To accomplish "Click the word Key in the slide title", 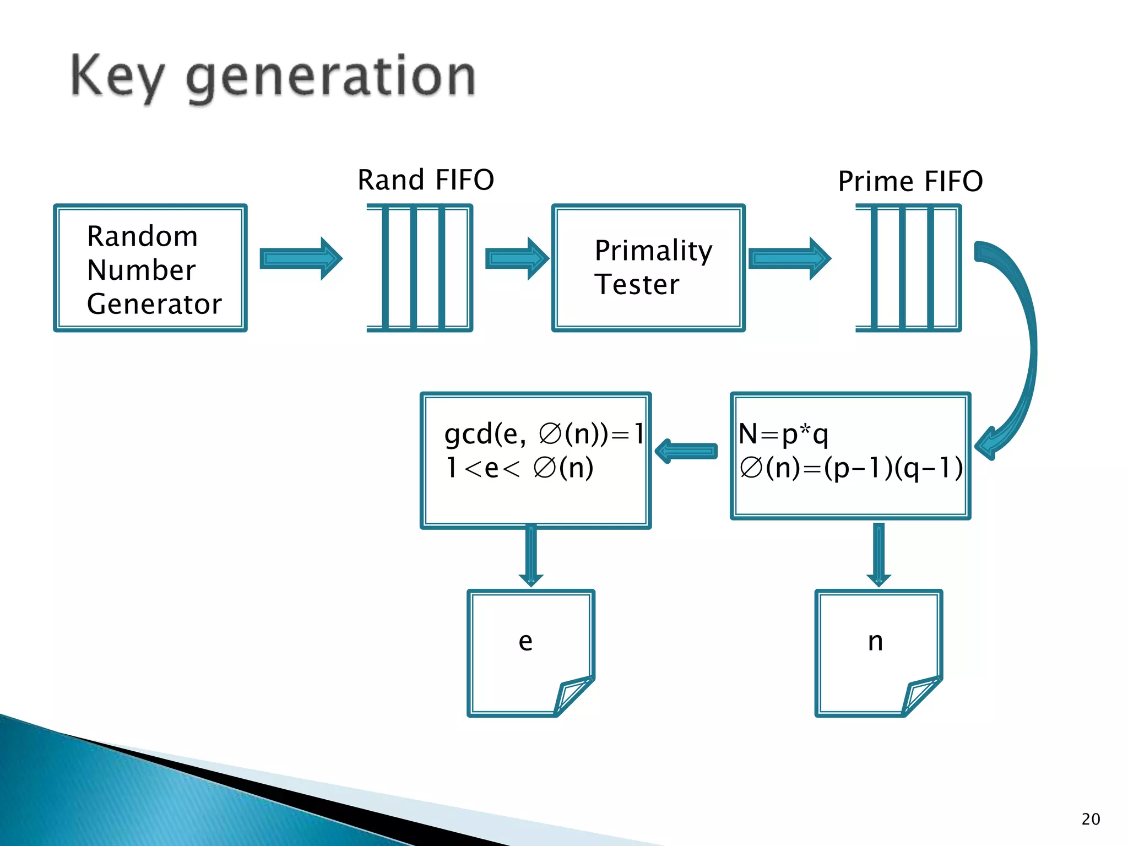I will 117,77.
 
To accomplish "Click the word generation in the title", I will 330,77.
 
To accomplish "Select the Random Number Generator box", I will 150,268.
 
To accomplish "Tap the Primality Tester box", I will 648,268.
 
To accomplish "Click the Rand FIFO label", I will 426,180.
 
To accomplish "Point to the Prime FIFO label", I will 910,181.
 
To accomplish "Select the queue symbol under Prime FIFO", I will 908,268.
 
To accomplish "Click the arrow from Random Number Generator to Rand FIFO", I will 301,258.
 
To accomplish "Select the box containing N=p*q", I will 850,455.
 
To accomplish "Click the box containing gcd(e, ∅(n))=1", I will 535,460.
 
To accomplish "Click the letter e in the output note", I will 525,641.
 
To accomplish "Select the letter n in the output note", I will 875,641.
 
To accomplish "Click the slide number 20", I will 1091,819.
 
